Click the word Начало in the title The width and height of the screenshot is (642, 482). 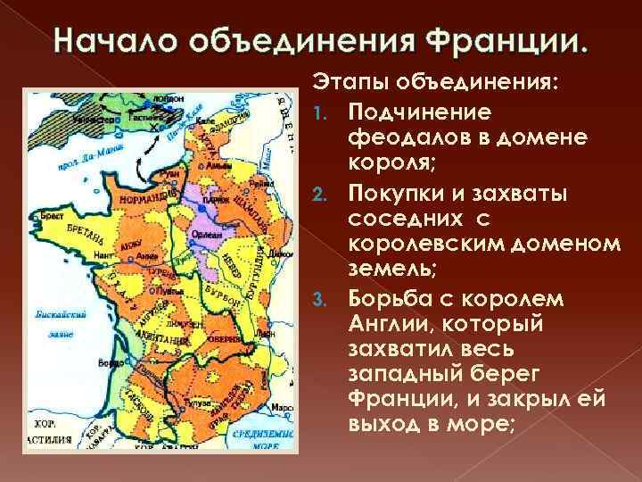click(104, 43)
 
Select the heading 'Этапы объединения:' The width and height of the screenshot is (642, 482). click(435, 83)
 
